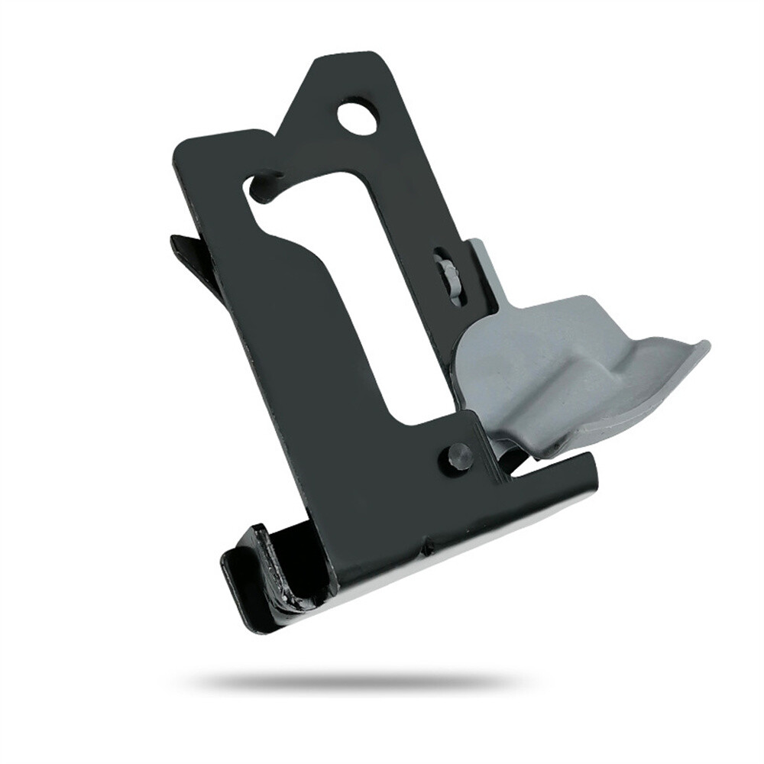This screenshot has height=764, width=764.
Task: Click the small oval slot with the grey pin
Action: click(447, 275)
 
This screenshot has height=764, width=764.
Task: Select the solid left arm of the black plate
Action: click(290, 344)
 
